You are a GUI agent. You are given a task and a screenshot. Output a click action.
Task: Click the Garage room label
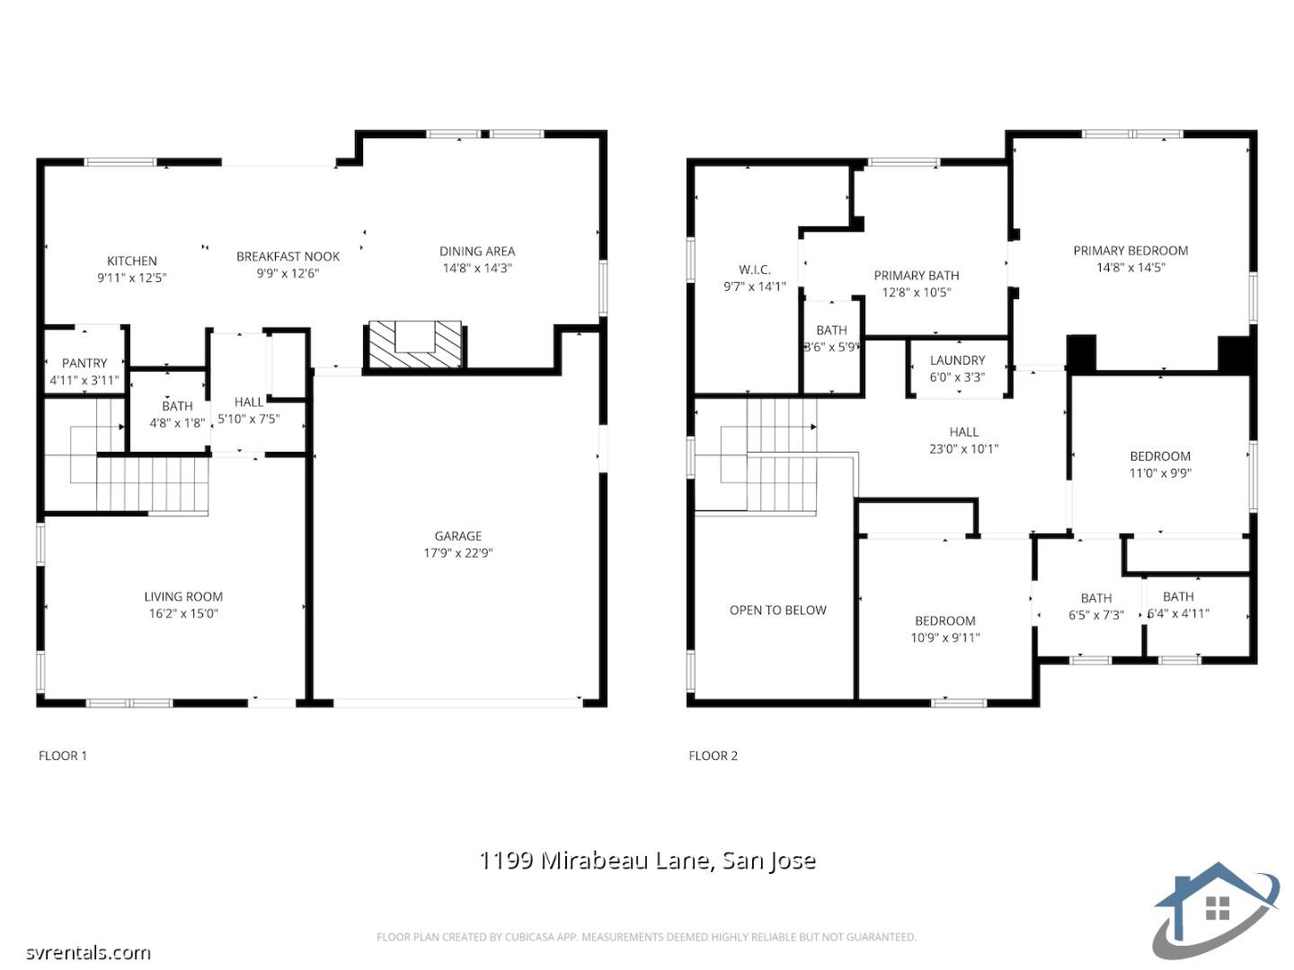pos(458,536)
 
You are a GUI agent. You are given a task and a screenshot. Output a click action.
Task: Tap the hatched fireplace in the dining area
pos(414,345)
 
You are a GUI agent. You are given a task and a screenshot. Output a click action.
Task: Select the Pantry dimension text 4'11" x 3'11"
pos(84,380)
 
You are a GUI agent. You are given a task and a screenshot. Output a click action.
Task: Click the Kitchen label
pos(132,260)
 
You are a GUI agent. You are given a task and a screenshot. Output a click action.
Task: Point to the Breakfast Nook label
pos(288,256)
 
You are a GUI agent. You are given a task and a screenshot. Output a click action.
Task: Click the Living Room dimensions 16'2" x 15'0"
pos(183,613)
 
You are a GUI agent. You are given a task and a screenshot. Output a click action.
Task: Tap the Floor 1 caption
pos(63,755)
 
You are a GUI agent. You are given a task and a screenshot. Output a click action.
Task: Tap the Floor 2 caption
pos(713,755)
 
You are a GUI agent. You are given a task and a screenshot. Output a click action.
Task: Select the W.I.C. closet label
pos(755,269)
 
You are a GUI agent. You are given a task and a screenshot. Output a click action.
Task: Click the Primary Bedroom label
pos(1130,251)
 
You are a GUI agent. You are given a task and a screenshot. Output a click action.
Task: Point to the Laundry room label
pos(957,360)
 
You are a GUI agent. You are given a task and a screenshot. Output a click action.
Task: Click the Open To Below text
pos(777,610)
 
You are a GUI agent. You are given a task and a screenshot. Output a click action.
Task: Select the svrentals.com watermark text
pos(88,952)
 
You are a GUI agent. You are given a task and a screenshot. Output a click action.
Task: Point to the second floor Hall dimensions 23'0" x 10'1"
pos(963,448)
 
